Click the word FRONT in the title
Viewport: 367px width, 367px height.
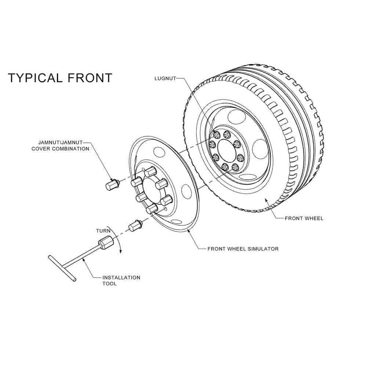point(90,78)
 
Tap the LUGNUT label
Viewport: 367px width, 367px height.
point(165,78)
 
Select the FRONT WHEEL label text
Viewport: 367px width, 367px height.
point(304,218)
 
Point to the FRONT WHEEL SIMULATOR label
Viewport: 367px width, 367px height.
point(243,249)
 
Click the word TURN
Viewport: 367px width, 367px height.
point(103,231)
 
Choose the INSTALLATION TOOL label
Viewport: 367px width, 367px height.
point(121,280)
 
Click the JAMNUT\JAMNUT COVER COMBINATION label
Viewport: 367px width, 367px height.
point(61,145)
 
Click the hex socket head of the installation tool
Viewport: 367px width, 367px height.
point(106,243)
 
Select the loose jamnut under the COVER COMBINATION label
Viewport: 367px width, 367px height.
point(112,184)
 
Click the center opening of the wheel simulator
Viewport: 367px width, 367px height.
point(153,190)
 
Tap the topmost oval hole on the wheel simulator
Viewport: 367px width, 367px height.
point(158,151)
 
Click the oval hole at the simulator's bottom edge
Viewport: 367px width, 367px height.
point(177,221)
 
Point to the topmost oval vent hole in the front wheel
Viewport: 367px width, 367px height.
point(237,117)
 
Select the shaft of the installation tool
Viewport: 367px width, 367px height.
point(82,256)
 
